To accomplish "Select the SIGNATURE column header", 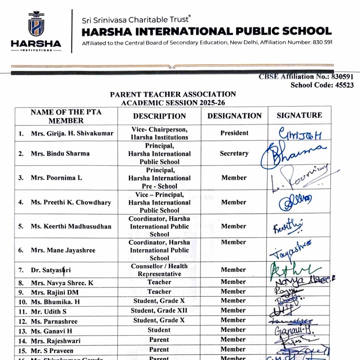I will (x=299, y=115).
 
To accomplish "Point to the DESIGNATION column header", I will (x=234, y=116).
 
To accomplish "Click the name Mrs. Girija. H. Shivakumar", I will (x=72, y=134).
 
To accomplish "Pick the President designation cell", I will (x=234, y=133).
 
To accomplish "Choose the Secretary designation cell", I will (x=234, y=154).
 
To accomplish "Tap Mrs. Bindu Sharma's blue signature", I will (x=291, y=154).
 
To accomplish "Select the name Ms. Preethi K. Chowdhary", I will (x=71, y=202).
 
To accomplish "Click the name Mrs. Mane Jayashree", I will (x=63, y=251).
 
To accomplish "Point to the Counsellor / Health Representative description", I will (x=159, y=270).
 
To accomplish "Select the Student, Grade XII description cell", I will (x=159, y=310).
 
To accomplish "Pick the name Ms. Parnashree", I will (x=54, y=321).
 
